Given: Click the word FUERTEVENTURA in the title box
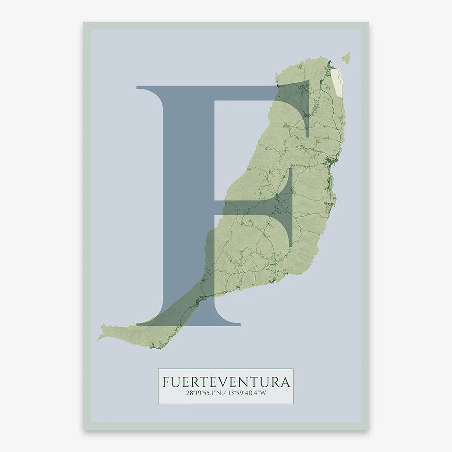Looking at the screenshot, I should [x=226, y=382].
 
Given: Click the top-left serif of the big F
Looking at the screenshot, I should [x=146, y=87].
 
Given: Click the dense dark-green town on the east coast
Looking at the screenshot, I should [x=329, y=163].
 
